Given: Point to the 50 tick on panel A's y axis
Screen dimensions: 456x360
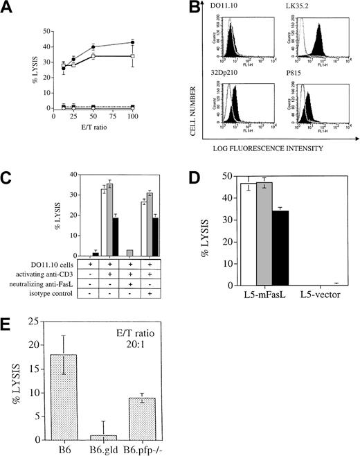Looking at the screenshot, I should tap(42, 32).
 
